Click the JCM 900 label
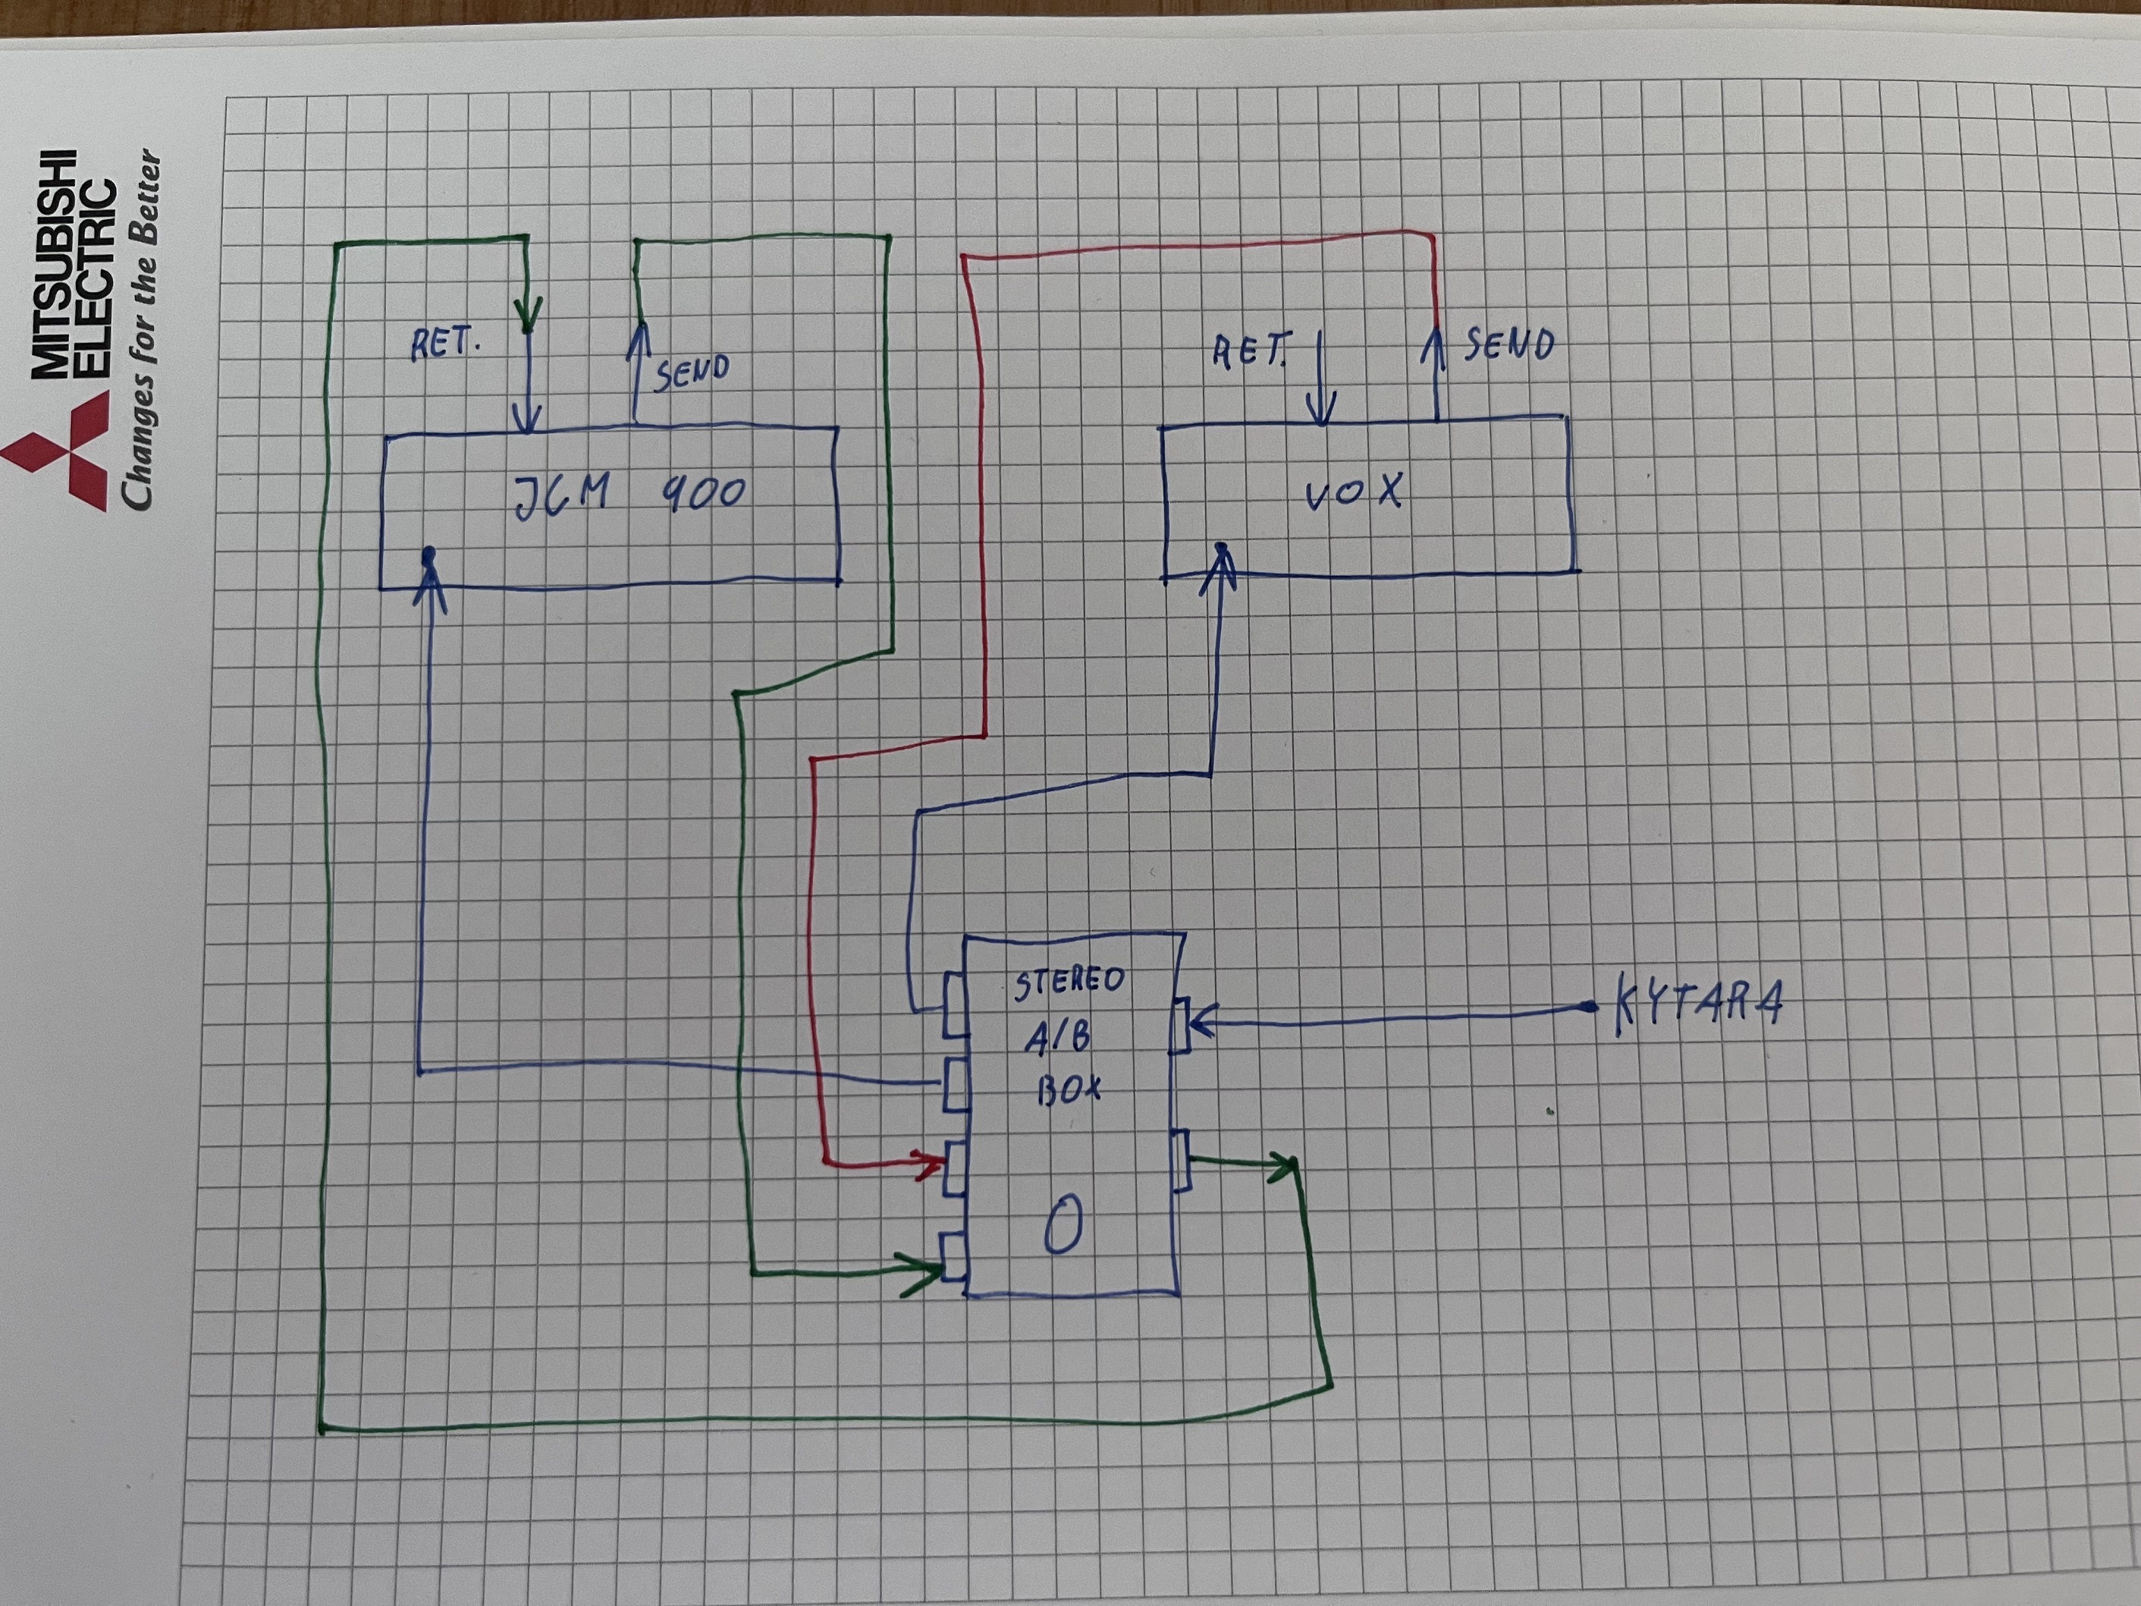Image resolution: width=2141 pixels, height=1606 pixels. [629, 495]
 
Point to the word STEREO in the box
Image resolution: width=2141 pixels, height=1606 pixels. [1069, 982]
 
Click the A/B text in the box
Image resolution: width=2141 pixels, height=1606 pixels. [1058, 1038]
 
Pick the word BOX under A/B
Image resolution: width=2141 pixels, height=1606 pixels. [1069, 1091]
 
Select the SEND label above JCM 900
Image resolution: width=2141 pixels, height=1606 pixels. [691, 372]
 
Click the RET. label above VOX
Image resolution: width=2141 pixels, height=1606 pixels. [1251, 350]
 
